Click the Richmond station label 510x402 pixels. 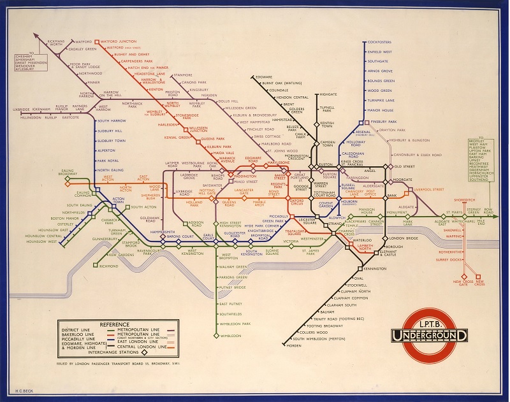[110, 266]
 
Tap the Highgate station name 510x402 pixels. [328, 94]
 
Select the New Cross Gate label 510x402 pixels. [460, 283]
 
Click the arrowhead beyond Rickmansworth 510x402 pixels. [36, 36]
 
